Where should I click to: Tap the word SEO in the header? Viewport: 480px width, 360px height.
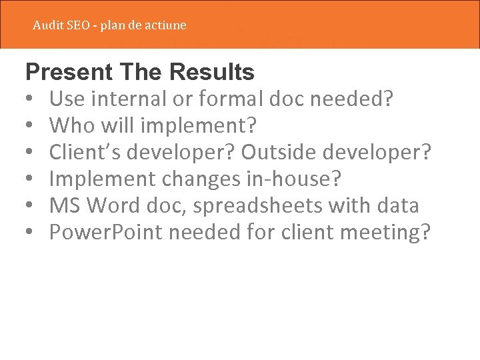(78, 25)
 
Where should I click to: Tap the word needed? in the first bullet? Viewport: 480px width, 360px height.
(351, 99)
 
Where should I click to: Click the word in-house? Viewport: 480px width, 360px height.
(301, 179)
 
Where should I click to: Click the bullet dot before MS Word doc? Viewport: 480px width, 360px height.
(31, 206)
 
